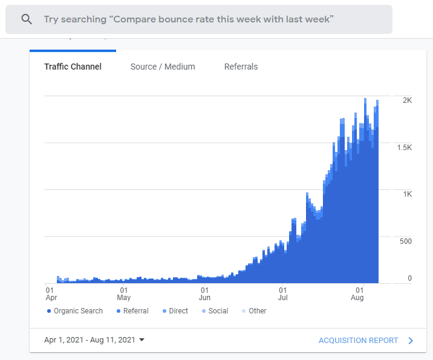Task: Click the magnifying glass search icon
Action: pos(26,19)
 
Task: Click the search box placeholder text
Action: pos(188,19)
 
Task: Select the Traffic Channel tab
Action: pos(73,67)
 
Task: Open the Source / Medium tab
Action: pos(163,67)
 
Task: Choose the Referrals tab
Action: pos(241,67)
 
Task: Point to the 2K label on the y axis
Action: pos(407,100)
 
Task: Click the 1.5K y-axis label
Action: pos(404,148)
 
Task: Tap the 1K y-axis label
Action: pos(407,194)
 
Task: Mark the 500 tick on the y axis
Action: pos(405,241)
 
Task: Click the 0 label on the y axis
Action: pos(409,278)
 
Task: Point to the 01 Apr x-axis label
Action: pos(51,293)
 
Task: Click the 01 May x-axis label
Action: pos(123,293)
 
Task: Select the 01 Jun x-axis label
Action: pos(204,293)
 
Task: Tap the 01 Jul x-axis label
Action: pos(282,293)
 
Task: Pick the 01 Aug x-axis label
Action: pos(357,293)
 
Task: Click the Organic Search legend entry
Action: pos(75,311)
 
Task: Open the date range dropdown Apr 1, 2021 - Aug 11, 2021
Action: pos(94,340)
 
